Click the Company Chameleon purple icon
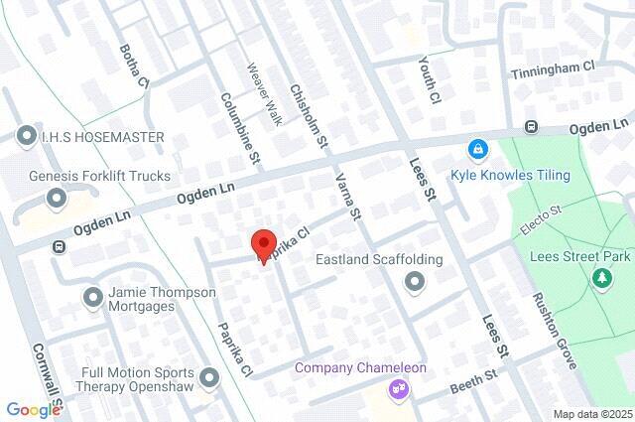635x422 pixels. tap(400, 388)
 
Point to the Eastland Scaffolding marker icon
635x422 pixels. tap(415, 284)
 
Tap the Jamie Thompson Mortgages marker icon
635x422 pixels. tap(94, 297)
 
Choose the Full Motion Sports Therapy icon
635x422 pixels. tap(208, 378)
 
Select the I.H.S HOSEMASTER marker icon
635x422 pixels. tap(25, 136)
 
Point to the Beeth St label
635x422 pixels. tap(475, 378)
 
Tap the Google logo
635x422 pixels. tap(33, 409)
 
